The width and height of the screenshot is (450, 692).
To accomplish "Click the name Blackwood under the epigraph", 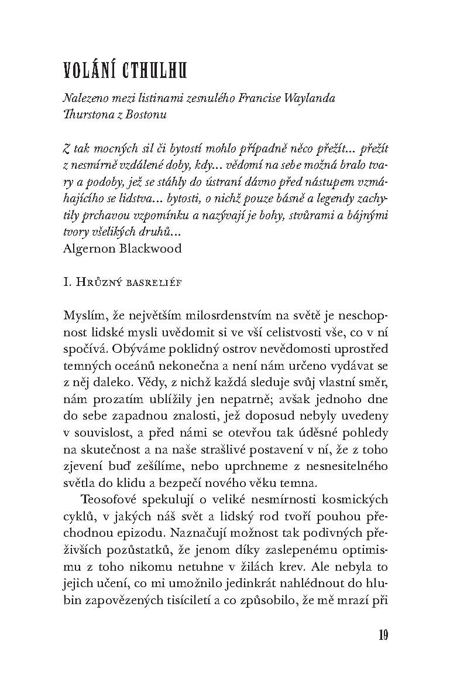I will (152, 248).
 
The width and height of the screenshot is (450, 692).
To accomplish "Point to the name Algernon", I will (89, 248).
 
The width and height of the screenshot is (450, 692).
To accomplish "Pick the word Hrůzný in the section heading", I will (98, 284).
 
